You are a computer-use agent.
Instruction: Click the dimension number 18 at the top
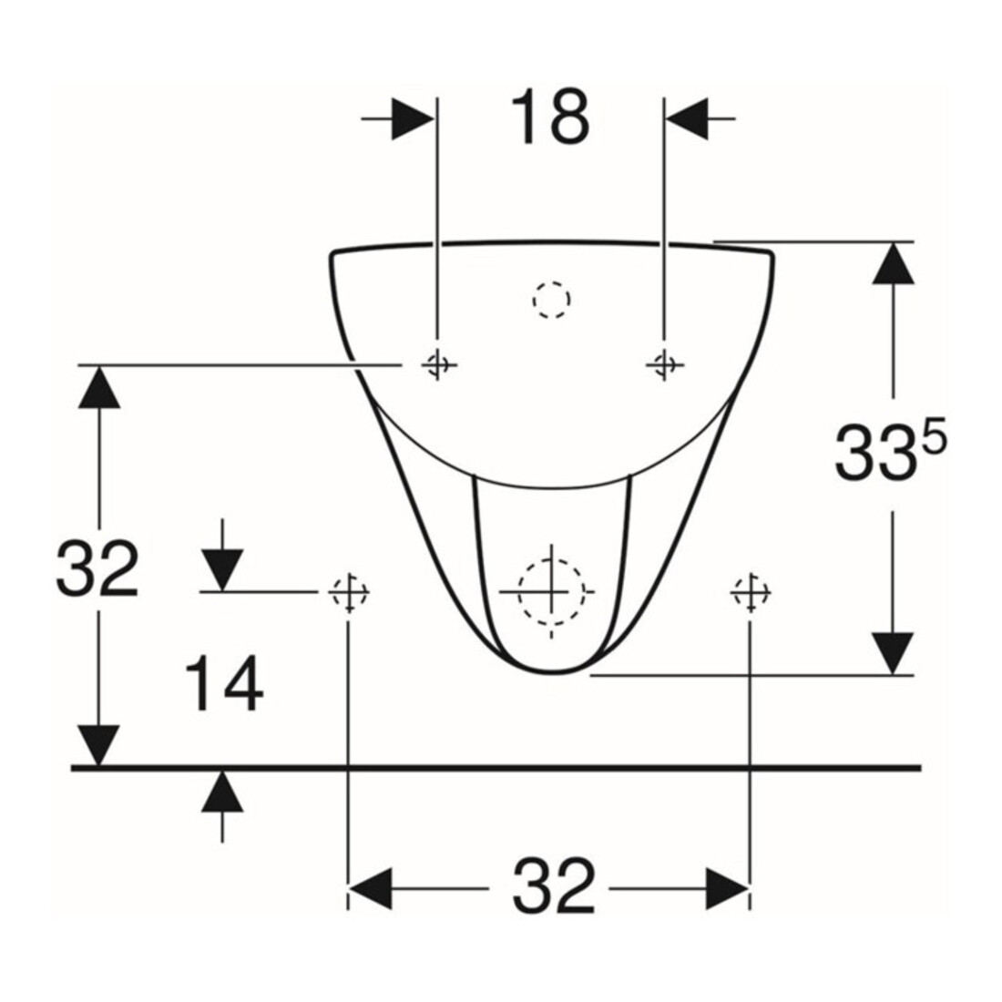[x=550, y=118]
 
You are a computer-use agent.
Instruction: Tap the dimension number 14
[x=224, y=683]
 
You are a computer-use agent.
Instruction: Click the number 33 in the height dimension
[x=875, y=453]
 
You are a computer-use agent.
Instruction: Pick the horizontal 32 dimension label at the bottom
[x=554, y=887]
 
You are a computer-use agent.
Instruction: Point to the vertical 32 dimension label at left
[x=97, y=568]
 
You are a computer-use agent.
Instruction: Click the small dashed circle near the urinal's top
[x=551, y=299]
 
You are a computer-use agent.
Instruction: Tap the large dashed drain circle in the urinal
[x=551, y=591]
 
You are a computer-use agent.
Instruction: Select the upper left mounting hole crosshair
[x=438, y=365]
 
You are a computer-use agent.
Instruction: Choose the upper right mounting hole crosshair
[x=665, y=365]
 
